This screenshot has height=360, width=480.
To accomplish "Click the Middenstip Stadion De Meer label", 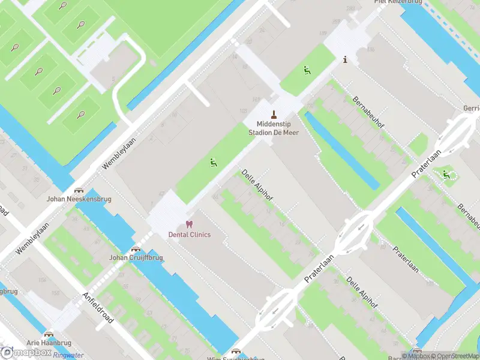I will pos(274,128).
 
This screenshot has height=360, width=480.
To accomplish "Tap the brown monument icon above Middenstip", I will pos(274,114).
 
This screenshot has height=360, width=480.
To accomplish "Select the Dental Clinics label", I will pos(189,234).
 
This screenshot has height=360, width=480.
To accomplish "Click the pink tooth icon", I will pos(189,224).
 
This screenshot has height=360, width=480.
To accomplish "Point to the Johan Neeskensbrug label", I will pos(79,199).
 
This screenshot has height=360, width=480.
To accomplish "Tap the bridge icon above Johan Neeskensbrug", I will pos(79,189).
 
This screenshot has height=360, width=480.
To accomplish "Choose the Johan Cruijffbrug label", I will pos(136,257).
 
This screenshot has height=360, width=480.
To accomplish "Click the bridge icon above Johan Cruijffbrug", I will pos(136,248).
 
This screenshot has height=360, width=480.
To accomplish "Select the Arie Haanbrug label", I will pos(49,343).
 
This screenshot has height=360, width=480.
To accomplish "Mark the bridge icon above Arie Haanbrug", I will pos(49,334).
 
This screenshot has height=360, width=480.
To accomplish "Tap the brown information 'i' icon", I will pos(345,59).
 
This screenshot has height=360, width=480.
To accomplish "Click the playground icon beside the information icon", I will pos(307,70).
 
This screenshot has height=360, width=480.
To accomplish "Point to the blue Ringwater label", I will pos(67,355).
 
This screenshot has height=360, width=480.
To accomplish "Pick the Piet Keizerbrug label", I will pos(398,2).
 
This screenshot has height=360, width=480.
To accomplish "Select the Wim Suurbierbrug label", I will pos(235,359).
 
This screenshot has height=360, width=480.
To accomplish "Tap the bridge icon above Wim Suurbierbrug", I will pos(236,352).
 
